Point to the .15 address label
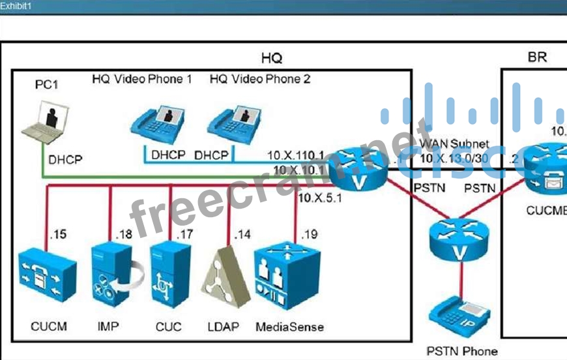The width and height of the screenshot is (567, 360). [58, 234]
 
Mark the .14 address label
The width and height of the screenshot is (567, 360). [242, 234]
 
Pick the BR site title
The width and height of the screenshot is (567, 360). [537, 57]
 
